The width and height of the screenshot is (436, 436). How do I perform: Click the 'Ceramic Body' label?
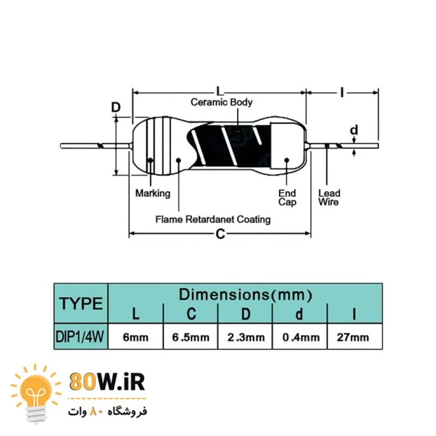tap(221, 102)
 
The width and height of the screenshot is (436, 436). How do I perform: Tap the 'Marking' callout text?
tap(153, 193)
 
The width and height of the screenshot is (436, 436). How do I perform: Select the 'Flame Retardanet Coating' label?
tap(213, 220)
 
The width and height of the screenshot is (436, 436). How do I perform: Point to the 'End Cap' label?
tap(287, 197)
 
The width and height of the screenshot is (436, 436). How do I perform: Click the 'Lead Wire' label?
tap(329, 197)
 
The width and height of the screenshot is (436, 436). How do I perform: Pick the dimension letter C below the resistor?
tap(220, 234)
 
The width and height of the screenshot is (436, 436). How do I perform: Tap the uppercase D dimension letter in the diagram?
tap(116, 107)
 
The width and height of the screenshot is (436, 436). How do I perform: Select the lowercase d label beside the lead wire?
tap(354, 130)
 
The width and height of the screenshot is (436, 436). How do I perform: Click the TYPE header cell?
tap(81, 304)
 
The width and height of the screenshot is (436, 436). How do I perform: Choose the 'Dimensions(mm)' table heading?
tap(245, 295)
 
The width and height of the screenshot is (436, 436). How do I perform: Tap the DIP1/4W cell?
tap(81, 337)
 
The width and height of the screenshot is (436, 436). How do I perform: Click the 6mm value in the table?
tap(136, 337)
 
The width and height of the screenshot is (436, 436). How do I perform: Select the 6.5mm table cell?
tap(191, 337)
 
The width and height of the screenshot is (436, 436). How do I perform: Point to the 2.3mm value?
tap(245, 337)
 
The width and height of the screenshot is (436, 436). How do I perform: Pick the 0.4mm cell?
tap(301, 337)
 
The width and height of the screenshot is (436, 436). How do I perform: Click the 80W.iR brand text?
tap(107, 382)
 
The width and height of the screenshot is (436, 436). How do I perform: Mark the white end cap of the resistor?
tap(287, 148)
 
